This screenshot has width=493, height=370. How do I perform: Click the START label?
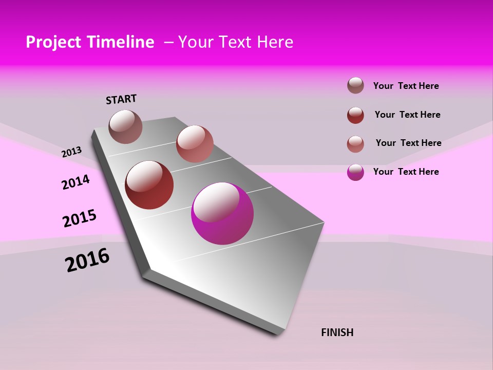coord(121,99)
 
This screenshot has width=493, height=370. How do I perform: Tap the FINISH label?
coord(337,332)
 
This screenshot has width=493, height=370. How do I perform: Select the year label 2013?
coord(71,152)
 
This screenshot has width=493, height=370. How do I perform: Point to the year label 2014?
coord(75,182)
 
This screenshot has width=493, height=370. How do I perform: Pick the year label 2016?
coord(87,260)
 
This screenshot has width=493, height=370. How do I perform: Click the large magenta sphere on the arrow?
coord(222,213)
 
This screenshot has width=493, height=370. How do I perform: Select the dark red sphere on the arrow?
coord(149,185)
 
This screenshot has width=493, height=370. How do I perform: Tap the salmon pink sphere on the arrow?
coord(195,143)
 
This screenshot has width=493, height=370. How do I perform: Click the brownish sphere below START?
coord(125,126)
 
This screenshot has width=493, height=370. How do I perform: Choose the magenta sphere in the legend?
coord(355,172)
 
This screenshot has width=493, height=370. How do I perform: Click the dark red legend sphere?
coord(355,115)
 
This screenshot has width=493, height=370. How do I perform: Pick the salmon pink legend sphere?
coord(355,144)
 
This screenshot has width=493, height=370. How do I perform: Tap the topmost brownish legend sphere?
coord(355,85)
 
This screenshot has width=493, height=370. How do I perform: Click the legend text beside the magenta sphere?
coord(406,172)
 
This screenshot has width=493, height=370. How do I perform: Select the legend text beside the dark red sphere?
coord(407,115)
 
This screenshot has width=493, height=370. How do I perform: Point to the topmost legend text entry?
coord(406,86)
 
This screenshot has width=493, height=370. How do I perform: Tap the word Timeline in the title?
coord(122,42)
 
